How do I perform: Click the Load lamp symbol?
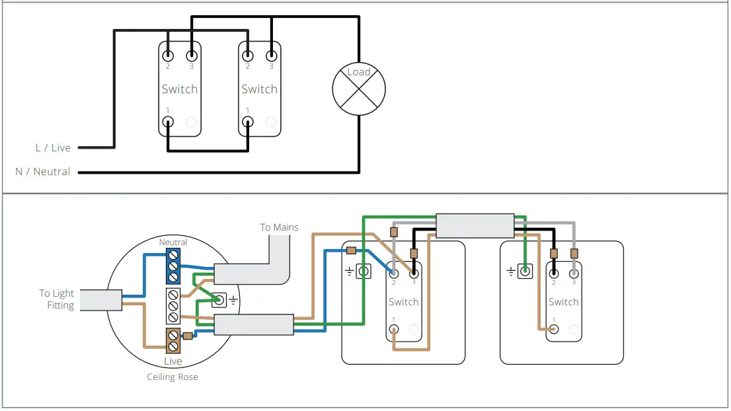[x=358, y=89]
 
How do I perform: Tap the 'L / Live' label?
[x=53, y=147]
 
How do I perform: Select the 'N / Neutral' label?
[x=43, y=172]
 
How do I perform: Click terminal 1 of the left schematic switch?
[x=168, y=122]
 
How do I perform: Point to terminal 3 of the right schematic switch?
[x=271, y=56]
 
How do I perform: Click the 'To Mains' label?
[x=279, y=227]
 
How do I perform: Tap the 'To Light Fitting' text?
[x=56, y=299]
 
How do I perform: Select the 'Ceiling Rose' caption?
[x=172, y=377]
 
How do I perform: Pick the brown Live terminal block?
[x=173, y=341]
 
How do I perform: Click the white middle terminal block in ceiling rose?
[x=173, y=305]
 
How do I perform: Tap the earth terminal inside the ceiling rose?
[x=217, y=301]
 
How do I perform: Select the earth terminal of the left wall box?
[x=362, y=270]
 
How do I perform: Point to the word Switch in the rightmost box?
[x=563, y=302]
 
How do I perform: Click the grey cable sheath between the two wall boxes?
[x=475, y=225]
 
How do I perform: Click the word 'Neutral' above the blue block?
[x=173, y=243]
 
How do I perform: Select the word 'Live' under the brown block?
[x=173, y=361]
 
